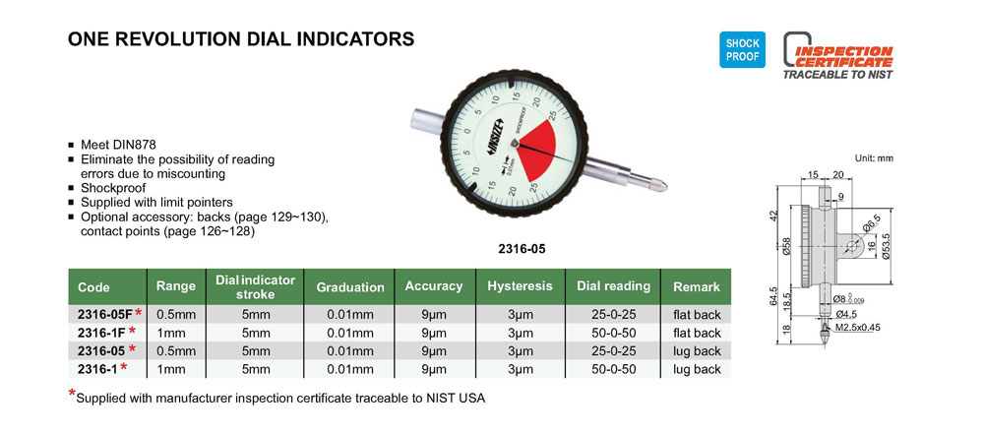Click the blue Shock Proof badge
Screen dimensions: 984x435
pos(742,50)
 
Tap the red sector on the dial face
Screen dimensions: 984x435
pos(536,147)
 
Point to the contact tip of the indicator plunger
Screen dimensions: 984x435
pos(661,185)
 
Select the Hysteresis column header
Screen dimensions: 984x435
pos(521,286)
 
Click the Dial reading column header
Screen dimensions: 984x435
pos(613,286)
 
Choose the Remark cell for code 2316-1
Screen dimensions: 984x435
pos(697,369)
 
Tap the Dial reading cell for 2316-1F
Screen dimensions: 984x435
pos(613,333)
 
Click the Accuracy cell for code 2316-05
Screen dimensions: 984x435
pos(434,351)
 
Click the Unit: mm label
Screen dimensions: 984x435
pos(874,158)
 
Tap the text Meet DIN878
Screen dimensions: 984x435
pos(113,144)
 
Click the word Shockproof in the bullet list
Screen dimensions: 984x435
pos(113,188)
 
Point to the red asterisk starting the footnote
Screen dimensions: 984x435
pos(72,395)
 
